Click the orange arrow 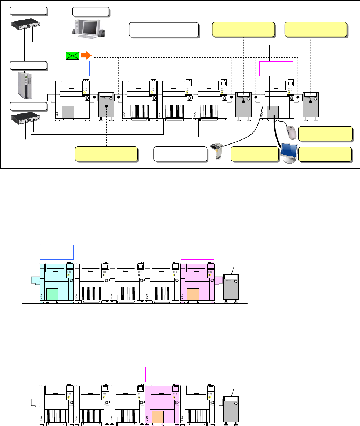[x=86, y=56]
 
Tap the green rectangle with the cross [x=73, y=56]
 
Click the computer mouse [x=291, y=132]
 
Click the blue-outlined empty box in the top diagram [x=73, y=69]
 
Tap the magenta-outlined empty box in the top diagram [x=276, y=69]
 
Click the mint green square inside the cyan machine [x=52, y=294]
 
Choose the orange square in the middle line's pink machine [x=193, y=294]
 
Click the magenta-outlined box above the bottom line [x=162, y=374]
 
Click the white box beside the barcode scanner [x=181, y=154]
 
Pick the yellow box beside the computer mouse [x=326, y=134]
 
